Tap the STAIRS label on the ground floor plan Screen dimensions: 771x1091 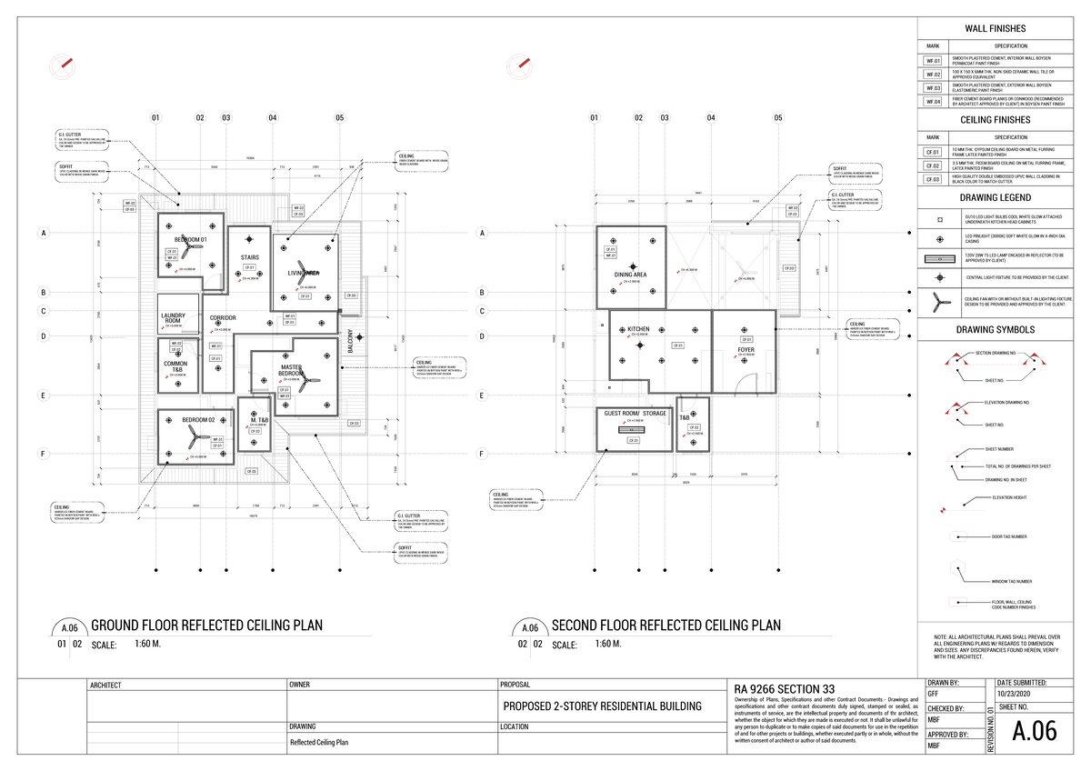[x=250, y=257]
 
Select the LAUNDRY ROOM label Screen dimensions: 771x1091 [x=173, y=318]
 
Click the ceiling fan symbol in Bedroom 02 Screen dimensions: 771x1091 [x=194, y=440]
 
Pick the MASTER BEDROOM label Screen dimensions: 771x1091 [x=291, y=371]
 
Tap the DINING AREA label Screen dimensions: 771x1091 [x=630, y=275]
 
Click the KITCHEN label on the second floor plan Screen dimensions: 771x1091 [x=638, y=329]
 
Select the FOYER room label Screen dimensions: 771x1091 [x=746, y=349]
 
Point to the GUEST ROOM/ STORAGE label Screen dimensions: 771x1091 [x=636, y=414]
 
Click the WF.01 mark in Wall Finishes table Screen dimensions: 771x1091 [x=933, y=61]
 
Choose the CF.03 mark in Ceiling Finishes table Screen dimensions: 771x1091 [x=933, y=180]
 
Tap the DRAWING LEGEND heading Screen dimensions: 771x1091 [x=996, y=198]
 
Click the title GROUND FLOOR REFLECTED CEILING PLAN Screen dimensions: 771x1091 [x=207, y=626]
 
